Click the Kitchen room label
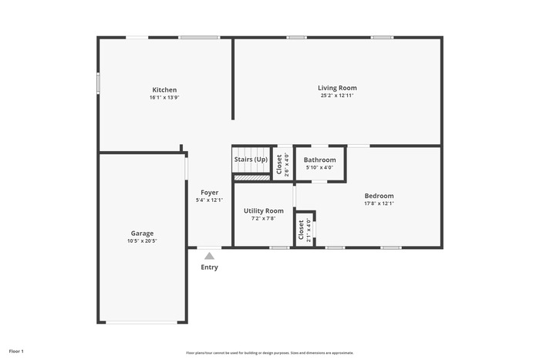coord(164,90)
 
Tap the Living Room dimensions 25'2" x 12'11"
coord(337,96)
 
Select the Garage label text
coord(142,234)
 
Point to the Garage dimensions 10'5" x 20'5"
coord(142,241)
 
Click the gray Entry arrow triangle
coord(209,256)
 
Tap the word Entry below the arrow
coord(209,267)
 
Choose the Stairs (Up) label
coord(251,160)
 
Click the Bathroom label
coord(319,160)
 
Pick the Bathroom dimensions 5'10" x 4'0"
coord(319,167)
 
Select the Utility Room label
coord(264,210)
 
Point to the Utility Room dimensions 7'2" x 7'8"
coord(264,218)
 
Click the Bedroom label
coord(379,196)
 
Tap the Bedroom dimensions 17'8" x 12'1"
coord(379,204)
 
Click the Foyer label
coord(209,193)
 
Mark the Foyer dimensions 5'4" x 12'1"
coord(209,200)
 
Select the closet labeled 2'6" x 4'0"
coord(282,164)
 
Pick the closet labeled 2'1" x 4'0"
coord(305,230)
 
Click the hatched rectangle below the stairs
coord(251,177)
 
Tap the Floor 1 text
coord(16,352)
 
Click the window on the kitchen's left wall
coord(98,83)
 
